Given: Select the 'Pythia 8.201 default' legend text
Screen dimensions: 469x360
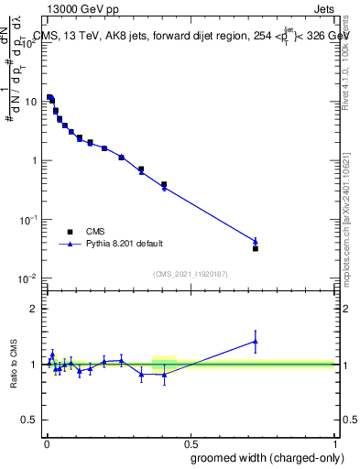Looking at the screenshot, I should click(x=126, y=245).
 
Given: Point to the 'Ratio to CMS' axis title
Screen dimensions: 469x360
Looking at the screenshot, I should click(x=16, y=364).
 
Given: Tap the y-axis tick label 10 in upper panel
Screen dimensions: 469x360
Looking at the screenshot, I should click(x=32, y=102).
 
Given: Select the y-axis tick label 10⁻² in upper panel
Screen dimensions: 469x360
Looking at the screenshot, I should click(x=29, y=278).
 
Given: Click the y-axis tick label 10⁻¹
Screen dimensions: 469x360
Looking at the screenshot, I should click(x=29, y=219).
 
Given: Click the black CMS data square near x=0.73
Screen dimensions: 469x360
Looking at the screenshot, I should click(x=256, y=248).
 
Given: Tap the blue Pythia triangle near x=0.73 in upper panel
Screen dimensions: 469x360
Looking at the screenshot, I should click(x=256, y=242).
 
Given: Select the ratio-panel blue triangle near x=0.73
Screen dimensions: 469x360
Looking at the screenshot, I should click(x=256, y=342).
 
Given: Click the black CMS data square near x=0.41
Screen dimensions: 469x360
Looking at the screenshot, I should click(x=164, y=184).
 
